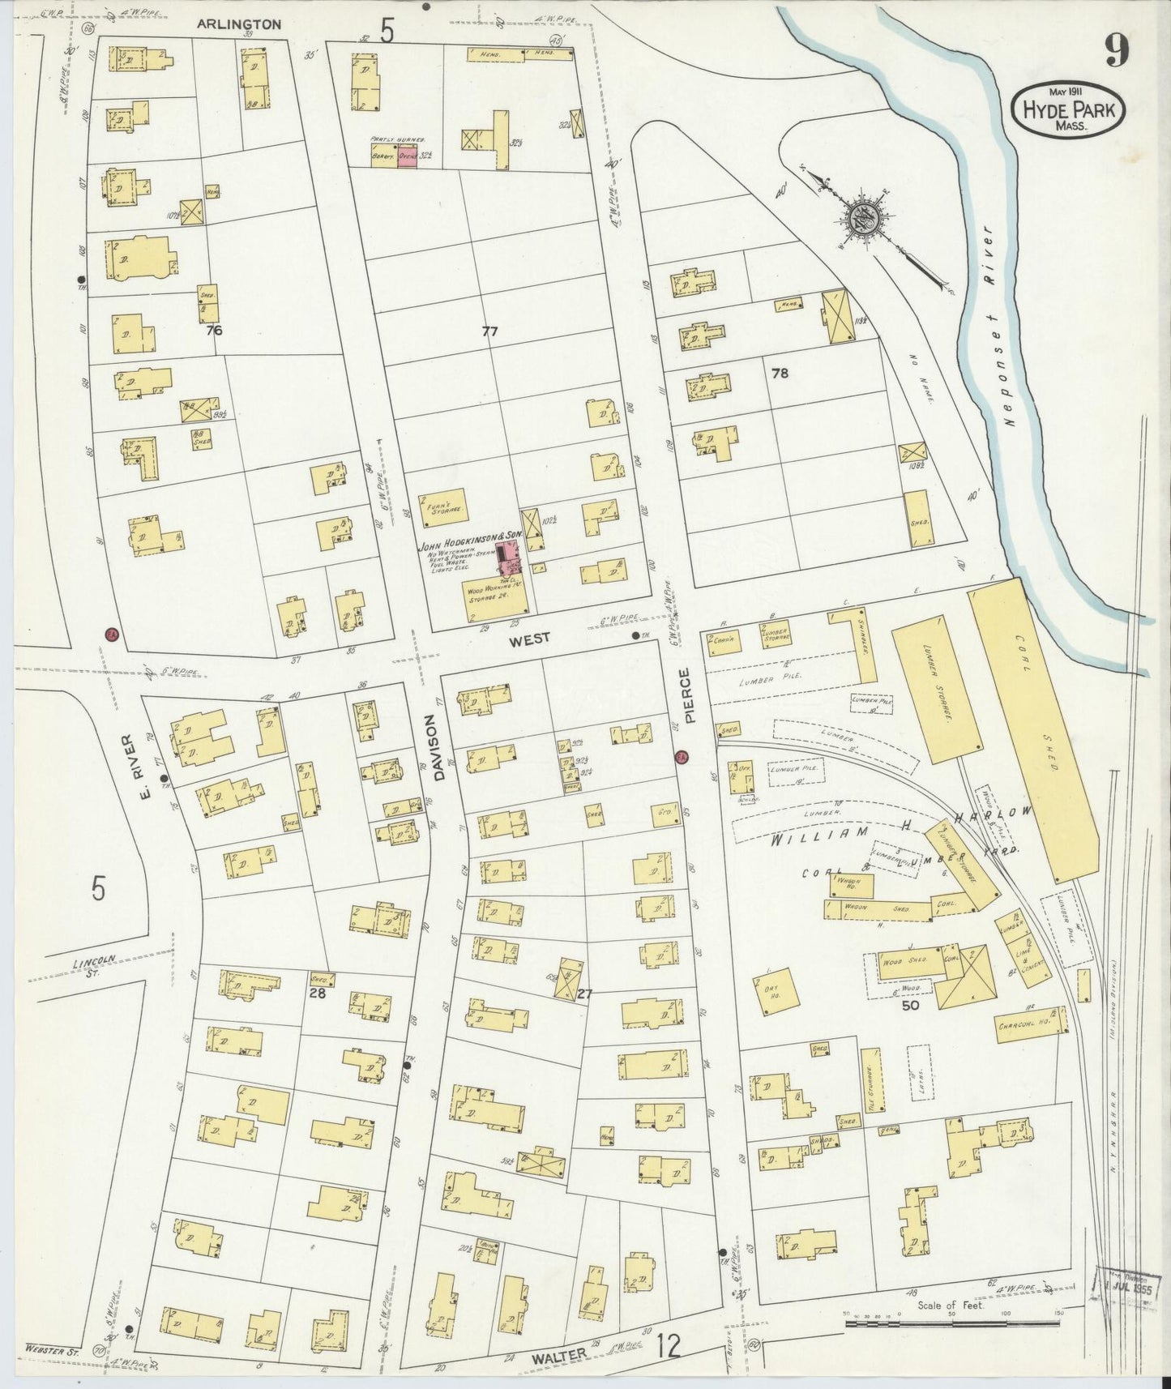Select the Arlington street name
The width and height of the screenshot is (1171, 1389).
tap(239, 25)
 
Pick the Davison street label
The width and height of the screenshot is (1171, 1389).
tap(439, 746)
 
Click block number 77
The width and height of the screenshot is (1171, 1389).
tap(489, 331)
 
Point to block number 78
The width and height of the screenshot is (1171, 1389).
tap(780, 374)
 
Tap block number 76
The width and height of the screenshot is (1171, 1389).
tap(214, 330)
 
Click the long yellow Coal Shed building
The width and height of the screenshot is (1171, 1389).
tap(1035, 729)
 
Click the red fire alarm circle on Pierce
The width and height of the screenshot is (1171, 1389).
tap(682, 757)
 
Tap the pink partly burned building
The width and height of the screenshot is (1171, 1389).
tap(407, 158)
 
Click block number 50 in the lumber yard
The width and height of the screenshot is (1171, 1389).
tap(908, 1006)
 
